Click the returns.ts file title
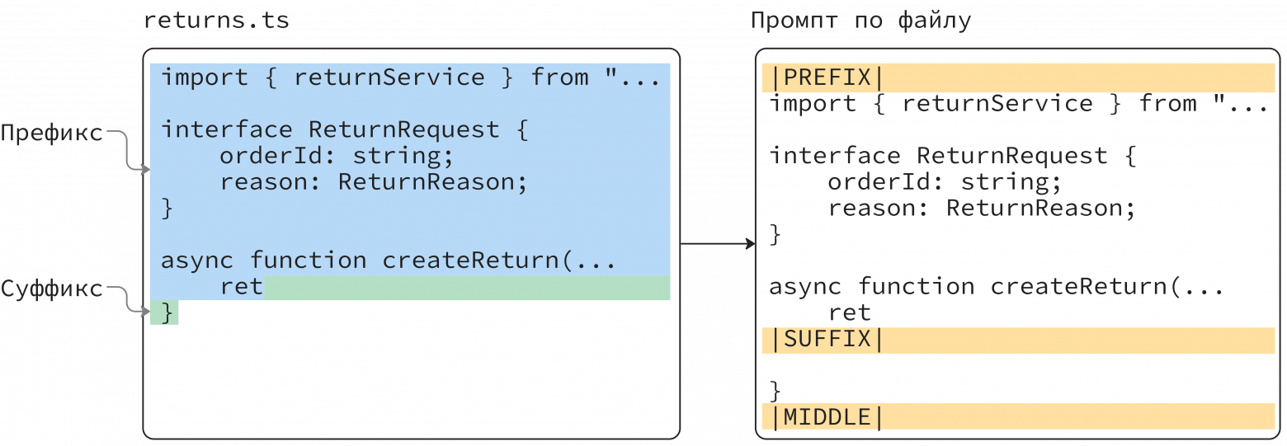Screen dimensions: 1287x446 pos(216,21)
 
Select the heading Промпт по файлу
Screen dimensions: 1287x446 pos(860,21)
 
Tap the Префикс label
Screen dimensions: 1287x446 pos(52,134)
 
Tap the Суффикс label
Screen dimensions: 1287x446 pos(52,289)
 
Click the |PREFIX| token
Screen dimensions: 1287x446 pos(827,77)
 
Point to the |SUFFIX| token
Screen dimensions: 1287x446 pos(827,339)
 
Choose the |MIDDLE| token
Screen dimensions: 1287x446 pos(827,417)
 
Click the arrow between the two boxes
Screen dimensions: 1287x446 pos(718,244)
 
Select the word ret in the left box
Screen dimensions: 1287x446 pos(241,286)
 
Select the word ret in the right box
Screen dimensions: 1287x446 pos(849,312)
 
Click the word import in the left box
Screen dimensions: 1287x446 pos(205,77)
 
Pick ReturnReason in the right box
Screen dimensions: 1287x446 pos(1034,209)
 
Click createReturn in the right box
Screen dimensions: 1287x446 pos(1078,286)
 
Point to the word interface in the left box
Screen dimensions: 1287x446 pos(227,129)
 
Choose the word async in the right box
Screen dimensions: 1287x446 pos(805,287)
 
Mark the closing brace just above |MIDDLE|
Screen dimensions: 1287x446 pos(775,392)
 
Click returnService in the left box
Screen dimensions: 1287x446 pos(389,77)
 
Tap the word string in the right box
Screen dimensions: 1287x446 pos(1005,182)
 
